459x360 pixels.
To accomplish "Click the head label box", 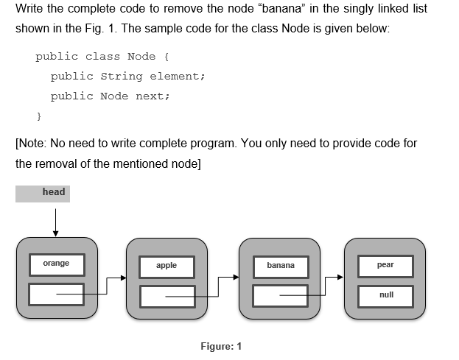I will point(42,193).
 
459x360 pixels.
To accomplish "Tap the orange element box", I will point(57,264).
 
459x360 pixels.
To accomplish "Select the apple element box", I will point(167,266).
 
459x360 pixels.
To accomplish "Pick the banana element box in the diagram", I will point(280,266).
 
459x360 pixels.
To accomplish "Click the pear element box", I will point(385,266).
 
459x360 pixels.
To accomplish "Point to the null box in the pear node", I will point(385,295).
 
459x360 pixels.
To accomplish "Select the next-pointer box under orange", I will point(57,294).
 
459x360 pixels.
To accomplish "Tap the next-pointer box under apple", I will point(167,296).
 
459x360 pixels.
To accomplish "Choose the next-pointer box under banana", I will point(280,296).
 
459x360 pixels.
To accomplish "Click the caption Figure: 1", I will point(221,347).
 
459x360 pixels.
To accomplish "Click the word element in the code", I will point(175,77).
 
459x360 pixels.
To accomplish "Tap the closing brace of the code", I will point(39,116).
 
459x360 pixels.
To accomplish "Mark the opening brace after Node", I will point(169,57).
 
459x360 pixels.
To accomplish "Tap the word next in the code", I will point(152,96).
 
